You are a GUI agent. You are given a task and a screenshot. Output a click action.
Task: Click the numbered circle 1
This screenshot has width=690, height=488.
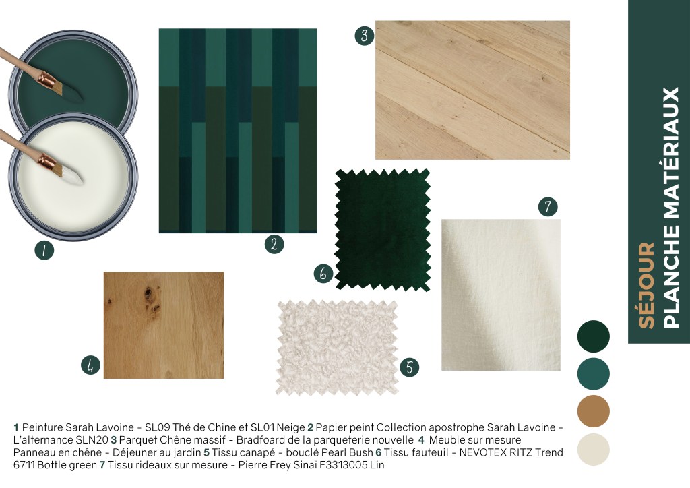coord(44,250)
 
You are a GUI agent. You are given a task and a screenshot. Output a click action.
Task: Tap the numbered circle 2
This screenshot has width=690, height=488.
coord(274,244)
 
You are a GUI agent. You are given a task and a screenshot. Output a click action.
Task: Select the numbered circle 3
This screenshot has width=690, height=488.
coord(365,36)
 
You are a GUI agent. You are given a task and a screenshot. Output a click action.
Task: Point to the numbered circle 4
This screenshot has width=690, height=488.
coord(91,365)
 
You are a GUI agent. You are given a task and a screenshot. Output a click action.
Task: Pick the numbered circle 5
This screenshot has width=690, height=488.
coord(410,367)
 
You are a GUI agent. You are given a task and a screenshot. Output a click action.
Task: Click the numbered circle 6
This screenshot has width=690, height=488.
coord(323,273)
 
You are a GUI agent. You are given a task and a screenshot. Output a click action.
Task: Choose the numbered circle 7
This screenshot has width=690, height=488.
coord(548,207)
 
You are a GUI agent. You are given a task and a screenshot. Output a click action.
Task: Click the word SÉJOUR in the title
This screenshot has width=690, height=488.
coord(646,286)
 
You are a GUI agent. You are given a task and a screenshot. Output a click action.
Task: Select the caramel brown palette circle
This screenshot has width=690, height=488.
coord(594,411)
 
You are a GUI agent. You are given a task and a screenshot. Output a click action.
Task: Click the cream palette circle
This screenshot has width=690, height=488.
coord(594,450)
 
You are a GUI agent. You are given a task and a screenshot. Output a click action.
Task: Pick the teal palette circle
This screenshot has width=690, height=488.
coord(594,373)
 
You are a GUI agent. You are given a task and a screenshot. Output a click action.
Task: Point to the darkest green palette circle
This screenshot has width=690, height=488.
coord(594,336)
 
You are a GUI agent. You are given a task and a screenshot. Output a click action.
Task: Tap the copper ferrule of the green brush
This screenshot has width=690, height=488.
coord(48,81)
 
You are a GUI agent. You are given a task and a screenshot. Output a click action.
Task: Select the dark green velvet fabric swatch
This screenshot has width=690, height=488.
coord(383,230)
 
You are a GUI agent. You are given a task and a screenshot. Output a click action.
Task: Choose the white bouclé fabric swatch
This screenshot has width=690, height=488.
coord(338,347)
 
